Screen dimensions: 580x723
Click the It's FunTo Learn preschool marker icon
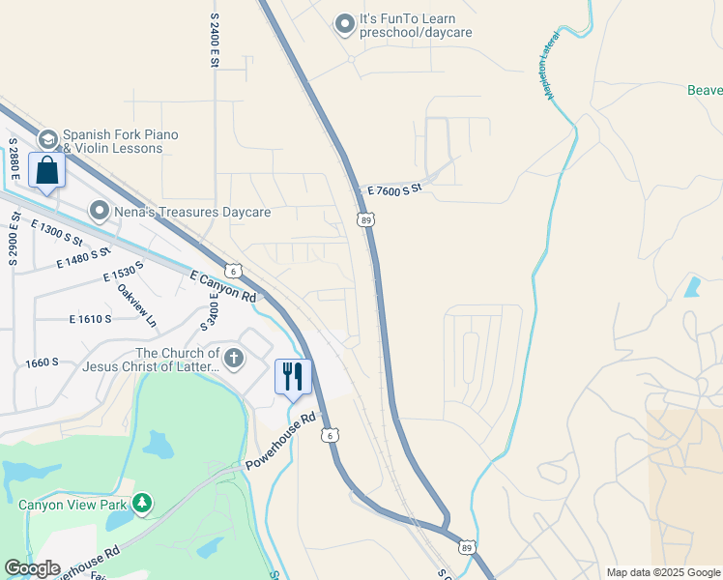(345, 24)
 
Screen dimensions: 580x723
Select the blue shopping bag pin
(47, 171)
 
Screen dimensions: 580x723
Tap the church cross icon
(233, 360)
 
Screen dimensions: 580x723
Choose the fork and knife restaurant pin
(293, 375)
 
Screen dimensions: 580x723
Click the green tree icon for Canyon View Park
(142, 503)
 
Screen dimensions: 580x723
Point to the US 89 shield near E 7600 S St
(365, 219)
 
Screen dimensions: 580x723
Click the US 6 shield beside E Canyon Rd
(232, 271)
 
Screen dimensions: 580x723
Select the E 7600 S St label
(391, 188)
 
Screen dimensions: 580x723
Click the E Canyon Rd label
(223, 284)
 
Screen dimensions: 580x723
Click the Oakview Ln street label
(135, 303)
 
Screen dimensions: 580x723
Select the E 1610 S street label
(91, 318)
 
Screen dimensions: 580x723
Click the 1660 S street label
(43, 362)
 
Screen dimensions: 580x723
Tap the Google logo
(32, 568)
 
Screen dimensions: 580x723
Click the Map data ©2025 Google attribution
(662, 572)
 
